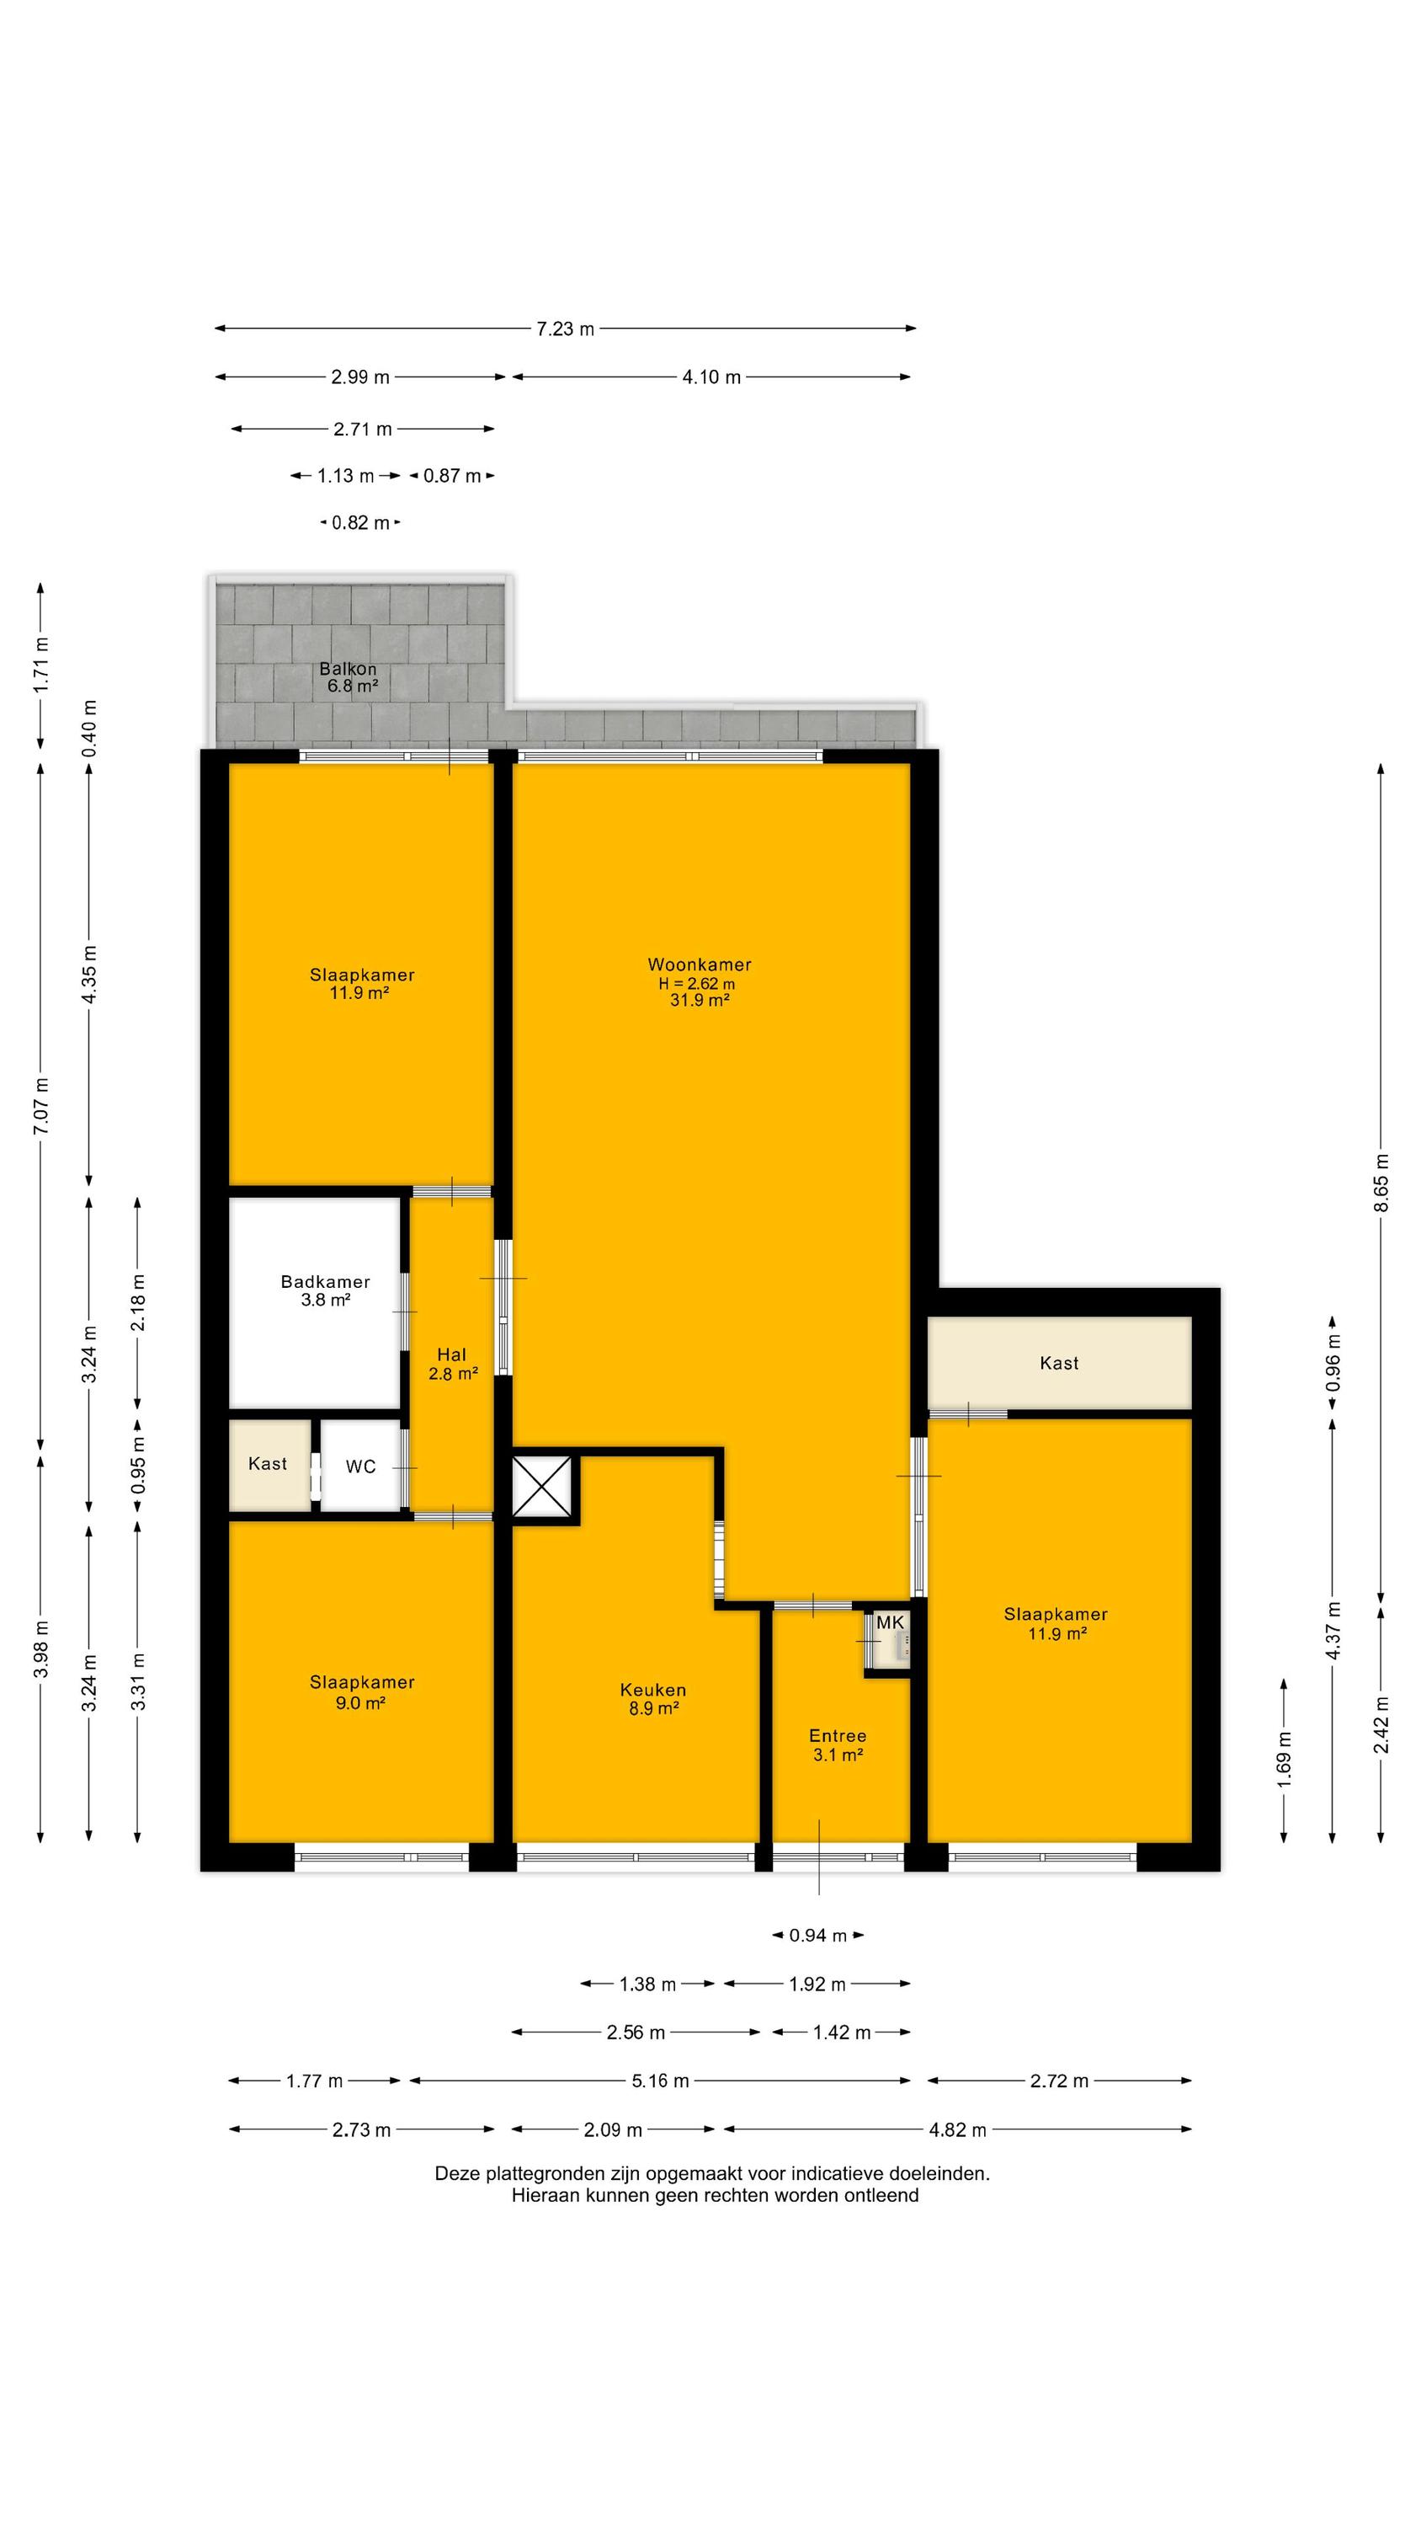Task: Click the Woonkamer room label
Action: (700, 964)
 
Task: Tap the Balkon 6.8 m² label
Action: (350, 678)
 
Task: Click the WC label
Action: (361, 1467)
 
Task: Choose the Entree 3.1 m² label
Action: (838, 1745)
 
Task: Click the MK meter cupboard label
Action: (891, 1622)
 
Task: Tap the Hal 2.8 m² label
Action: (452, 1365)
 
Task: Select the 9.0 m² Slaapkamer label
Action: (362, 1692)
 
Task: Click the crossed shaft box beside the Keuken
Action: (541, 1488)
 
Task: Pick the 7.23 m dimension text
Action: (565, 329)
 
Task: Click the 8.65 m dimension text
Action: (1381, 1181)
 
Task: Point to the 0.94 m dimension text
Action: (818, 1936)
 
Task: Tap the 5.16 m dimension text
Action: (660, 2081)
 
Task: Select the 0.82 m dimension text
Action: (361, 523)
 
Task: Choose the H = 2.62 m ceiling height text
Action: (697, 984)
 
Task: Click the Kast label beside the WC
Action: (268, 1464)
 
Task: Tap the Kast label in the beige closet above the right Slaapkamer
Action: (1059, 1363)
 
